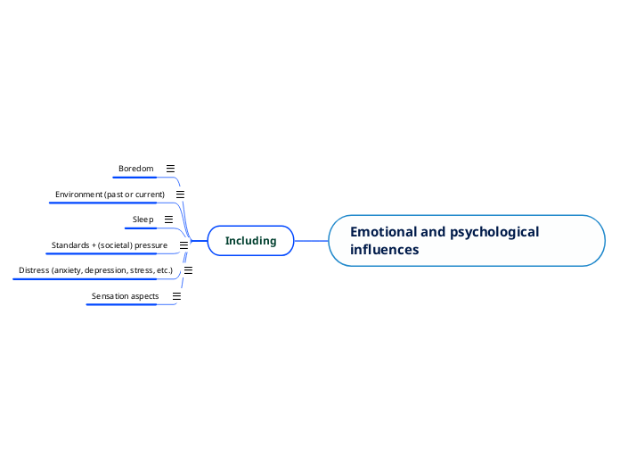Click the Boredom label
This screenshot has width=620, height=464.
click(x=135, y=169)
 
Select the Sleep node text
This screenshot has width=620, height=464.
click(x=143, y=220)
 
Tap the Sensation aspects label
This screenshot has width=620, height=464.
click(x=125, y=296)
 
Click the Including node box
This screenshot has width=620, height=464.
click(x=250, y=241)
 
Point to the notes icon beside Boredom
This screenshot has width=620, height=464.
click(x=170, y=168)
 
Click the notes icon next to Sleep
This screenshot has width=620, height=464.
click(x=168, y=220)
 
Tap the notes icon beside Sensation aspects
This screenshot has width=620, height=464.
click(x=176, y=295)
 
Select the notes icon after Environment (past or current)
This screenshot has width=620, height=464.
click(x=180, y=194)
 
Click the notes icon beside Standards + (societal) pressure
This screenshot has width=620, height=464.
click(x=184, y=244)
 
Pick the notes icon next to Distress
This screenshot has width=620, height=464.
click(x=188, y=269)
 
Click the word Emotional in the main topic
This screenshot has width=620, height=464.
click(x=383, y=232)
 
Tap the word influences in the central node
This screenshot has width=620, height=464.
click(x=384, y=250)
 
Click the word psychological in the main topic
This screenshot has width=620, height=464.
click(x=494, y=232)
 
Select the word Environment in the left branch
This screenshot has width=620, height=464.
click(x=78, y=195)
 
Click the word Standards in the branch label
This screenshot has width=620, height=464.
click(x=70, y=245)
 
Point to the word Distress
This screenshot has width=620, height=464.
click(x=34, y=270)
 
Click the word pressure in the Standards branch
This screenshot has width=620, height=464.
click(x=151, y=245)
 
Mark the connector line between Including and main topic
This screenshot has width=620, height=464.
click(x=311, y=241)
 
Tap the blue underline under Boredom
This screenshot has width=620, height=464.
click(x=135, y=178)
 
